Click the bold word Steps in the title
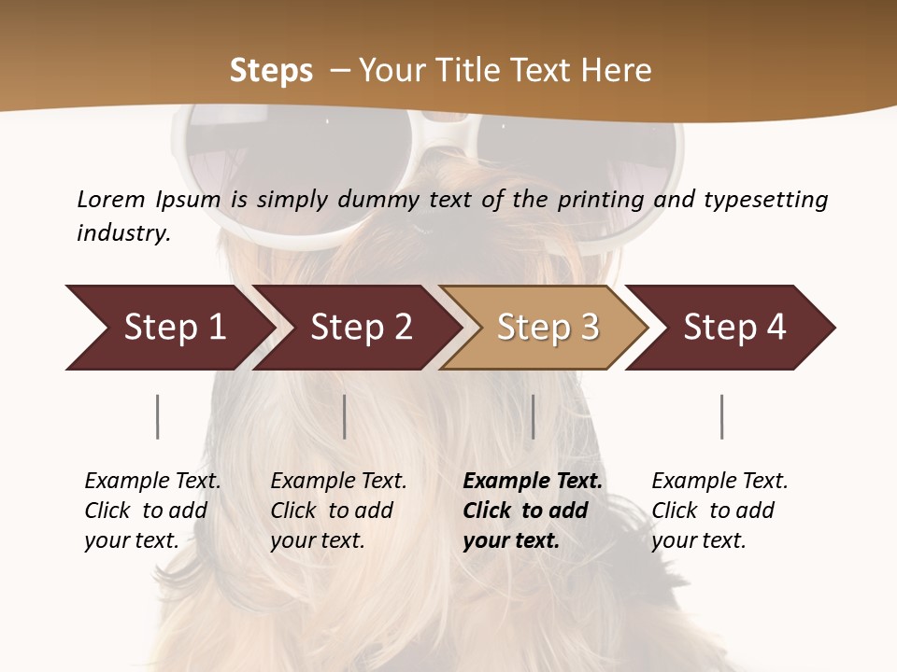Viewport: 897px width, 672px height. click(271, 71)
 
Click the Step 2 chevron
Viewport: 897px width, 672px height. click(361, 328)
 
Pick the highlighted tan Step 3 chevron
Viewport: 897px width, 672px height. click(548, 328)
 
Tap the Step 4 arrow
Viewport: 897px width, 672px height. click(734, 328)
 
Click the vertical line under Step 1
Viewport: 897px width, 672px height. click(158, 416)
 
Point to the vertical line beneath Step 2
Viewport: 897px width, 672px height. click(345, 416)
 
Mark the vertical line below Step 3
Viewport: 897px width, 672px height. click(534, 416)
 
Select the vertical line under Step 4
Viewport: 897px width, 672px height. click(722, 416)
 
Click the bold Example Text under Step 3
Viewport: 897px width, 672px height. click(533, 511)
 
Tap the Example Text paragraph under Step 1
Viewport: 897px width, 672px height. click(152, 511)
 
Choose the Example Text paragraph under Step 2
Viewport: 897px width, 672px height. click(338, 511)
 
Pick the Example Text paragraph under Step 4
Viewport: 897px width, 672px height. click(719, 511)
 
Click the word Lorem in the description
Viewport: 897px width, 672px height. click(111, 200)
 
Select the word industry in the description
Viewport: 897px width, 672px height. click(123, 233)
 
